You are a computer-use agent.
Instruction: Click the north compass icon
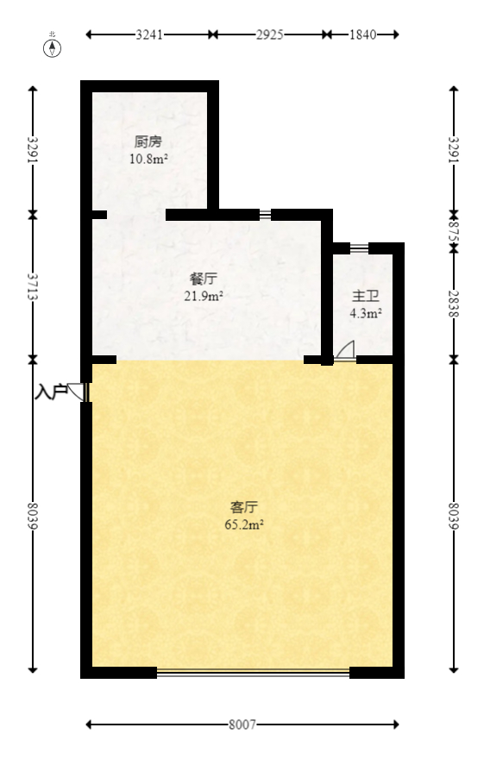pyautogui.click(x=53, y=47)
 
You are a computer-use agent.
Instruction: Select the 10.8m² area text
pyautogui.click(x=148, y=159)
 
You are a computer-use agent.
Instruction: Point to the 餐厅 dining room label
pyautogui.click(x=203, y=279)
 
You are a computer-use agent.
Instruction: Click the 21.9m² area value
pyautogui.click(x=203, y=296)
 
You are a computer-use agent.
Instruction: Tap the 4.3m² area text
pyautogui.click(x=365, y=313)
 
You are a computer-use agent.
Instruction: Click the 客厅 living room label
pyautogui.click(x=244, y=506)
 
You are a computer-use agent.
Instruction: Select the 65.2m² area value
pyautogui.click(x=244, y=524)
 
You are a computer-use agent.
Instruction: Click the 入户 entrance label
pyautogui.click(x=50, y=392)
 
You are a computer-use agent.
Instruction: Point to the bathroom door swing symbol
pyautogui.click(x=345, y=350)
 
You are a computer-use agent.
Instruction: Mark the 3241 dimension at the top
pyautogui.click(x=150, y=34)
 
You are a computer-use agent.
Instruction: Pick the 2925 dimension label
pyautogui.click(x=269, y=34)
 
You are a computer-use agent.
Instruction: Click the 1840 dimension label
pyautogui.click(x=362, y=34)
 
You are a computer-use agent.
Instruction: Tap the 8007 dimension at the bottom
pyautogui.click(x=242, y=725)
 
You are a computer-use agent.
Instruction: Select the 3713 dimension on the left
pyautogui.click(x=33, y=285)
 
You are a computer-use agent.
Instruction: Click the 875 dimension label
pyautogui.click(x=453, y=229)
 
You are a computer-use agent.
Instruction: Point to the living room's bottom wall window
pyautogui.click(x=253, y=673)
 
